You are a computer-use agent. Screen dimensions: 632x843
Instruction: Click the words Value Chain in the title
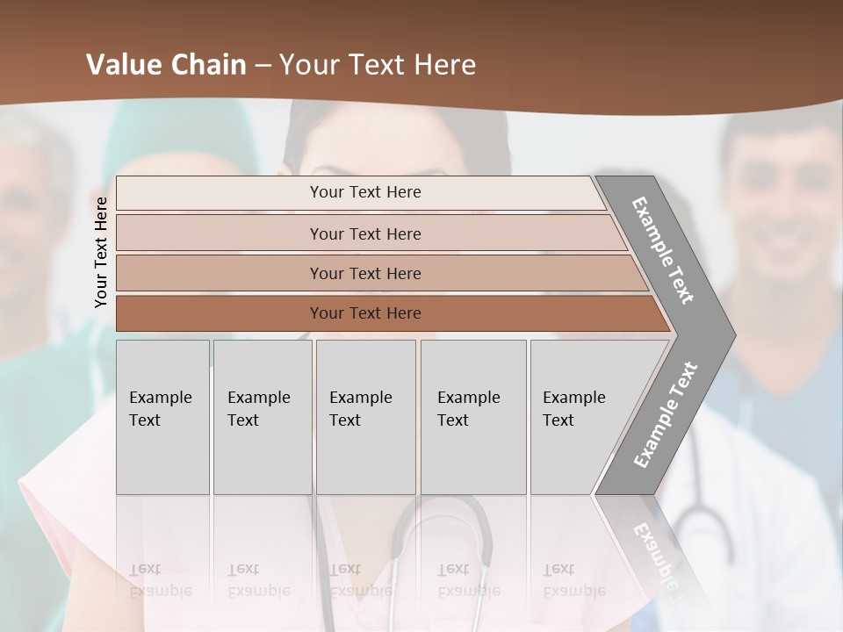pyautogui.click(x=166, y=65)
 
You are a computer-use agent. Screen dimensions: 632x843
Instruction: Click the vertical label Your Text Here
pyautogui.click(x=101, y=252)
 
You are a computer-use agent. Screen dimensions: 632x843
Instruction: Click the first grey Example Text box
pyautogui.click(x=162, y=416)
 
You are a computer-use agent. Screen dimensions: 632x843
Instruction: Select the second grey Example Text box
pyautogui.click(x=262, y=416)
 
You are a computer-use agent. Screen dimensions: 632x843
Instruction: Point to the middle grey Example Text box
pyautogui.click(x=365, y=416)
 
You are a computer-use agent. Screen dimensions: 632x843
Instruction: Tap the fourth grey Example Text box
pyautogui.click(x=473, y=416)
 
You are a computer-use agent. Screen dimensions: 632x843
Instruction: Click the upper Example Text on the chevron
pyautogui.click(x=663, y=251)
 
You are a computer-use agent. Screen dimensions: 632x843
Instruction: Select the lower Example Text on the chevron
pyautogui.click(x=666, y=414)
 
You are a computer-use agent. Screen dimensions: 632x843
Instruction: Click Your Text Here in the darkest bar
pyautogui.click(x=365, y=313)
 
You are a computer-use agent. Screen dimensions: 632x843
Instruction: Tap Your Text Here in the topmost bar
pyautogui.click(x=365, y=192)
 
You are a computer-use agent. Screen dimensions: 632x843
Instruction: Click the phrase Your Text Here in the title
pyautogui.click(x=377, y=65)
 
